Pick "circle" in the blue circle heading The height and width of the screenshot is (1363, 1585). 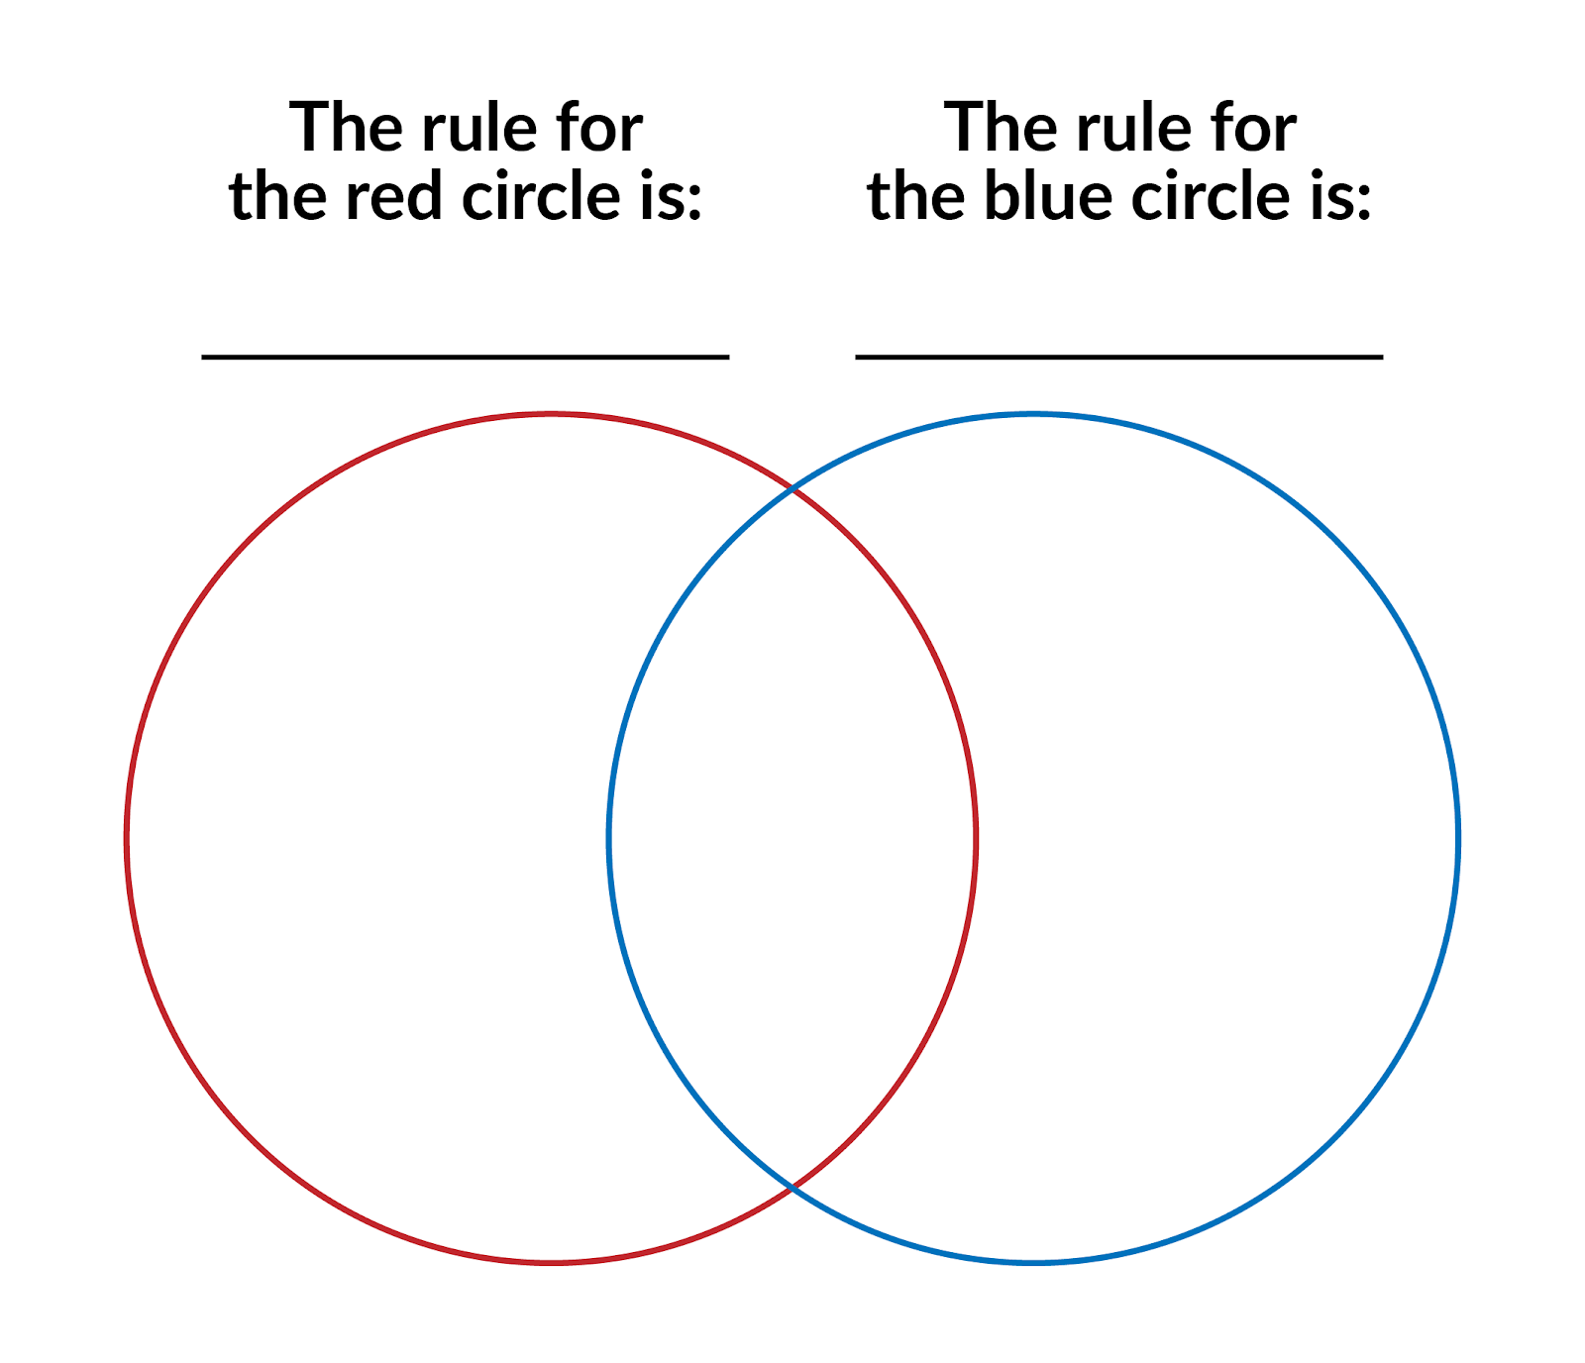[1206, 194]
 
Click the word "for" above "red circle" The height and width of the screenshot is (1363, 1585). [600, 128]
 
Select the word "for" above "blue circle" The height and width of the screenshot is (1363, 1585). [1254, 128]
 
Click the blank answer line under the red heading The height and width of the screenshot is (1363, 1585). [466, 357]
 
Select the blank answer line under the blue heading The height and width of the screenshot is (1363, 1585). [1119, 357]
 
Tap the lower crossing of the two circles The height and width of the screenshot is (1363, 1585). [792, 1187]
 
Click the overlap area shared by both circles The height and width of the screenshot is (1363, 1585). [792, 838]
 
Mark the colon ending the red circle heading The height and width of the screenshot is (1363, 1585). [693, 202]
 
